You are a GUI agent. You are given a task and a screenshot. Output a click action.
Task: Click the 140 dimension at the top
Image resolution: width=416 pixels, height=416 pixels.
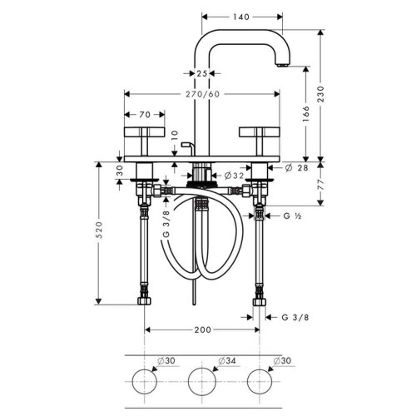pos(241,16)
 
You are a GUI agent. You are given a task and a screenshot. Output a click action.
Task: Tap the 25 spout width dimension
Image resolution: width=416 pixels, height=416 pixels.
pos(202,73)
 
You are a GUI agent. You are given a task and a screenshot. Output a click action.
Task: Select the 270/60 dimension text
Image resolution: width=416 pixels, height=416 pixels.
pos(202,94)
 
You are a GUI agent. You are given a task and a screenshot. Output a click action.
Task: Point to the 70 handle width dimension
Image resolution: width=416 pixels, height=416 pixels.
pos(144,116)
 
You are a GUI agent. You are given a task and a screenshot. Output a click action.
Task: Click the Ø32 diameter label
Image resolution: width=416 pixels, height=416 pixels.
pos(235,176)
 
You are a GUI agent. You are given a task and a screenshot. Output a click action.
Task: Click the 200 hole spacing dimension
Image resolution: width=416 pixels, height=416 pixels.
pos(203,330)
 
